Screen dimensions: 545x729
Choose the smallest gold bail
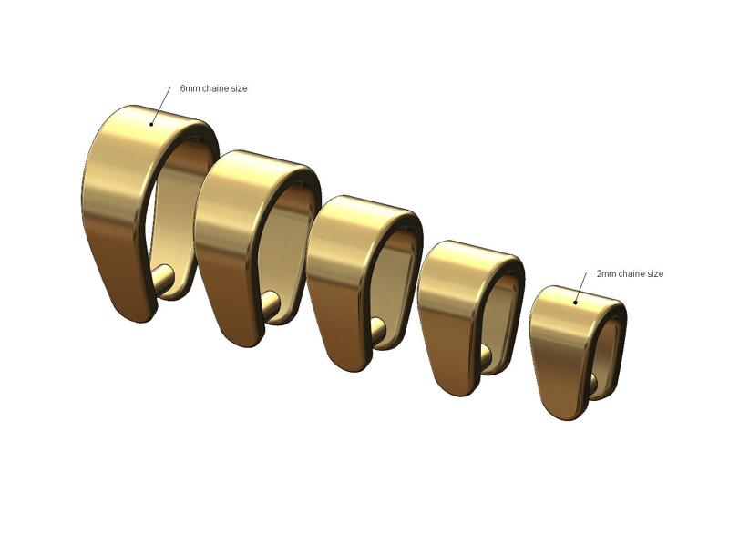pos(560,355)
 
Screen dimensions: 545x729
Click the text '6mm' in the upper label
pos(190,88)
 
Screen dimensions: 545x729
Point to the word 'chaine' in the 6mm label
pos(216,88)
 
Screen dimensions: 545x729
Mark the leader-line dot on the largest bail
pos(152,122)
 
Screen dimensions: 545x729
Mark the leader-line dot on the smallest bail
pos(575,301)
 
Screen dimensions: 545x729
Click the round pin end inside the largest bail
pos(165,276)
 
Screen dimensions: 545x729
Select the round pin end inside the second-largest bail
pos(271,303)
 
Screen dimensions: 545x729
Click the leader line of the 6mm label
pos(161,104)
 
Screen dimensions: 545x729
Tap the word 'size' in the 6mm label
pos(239,88)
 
